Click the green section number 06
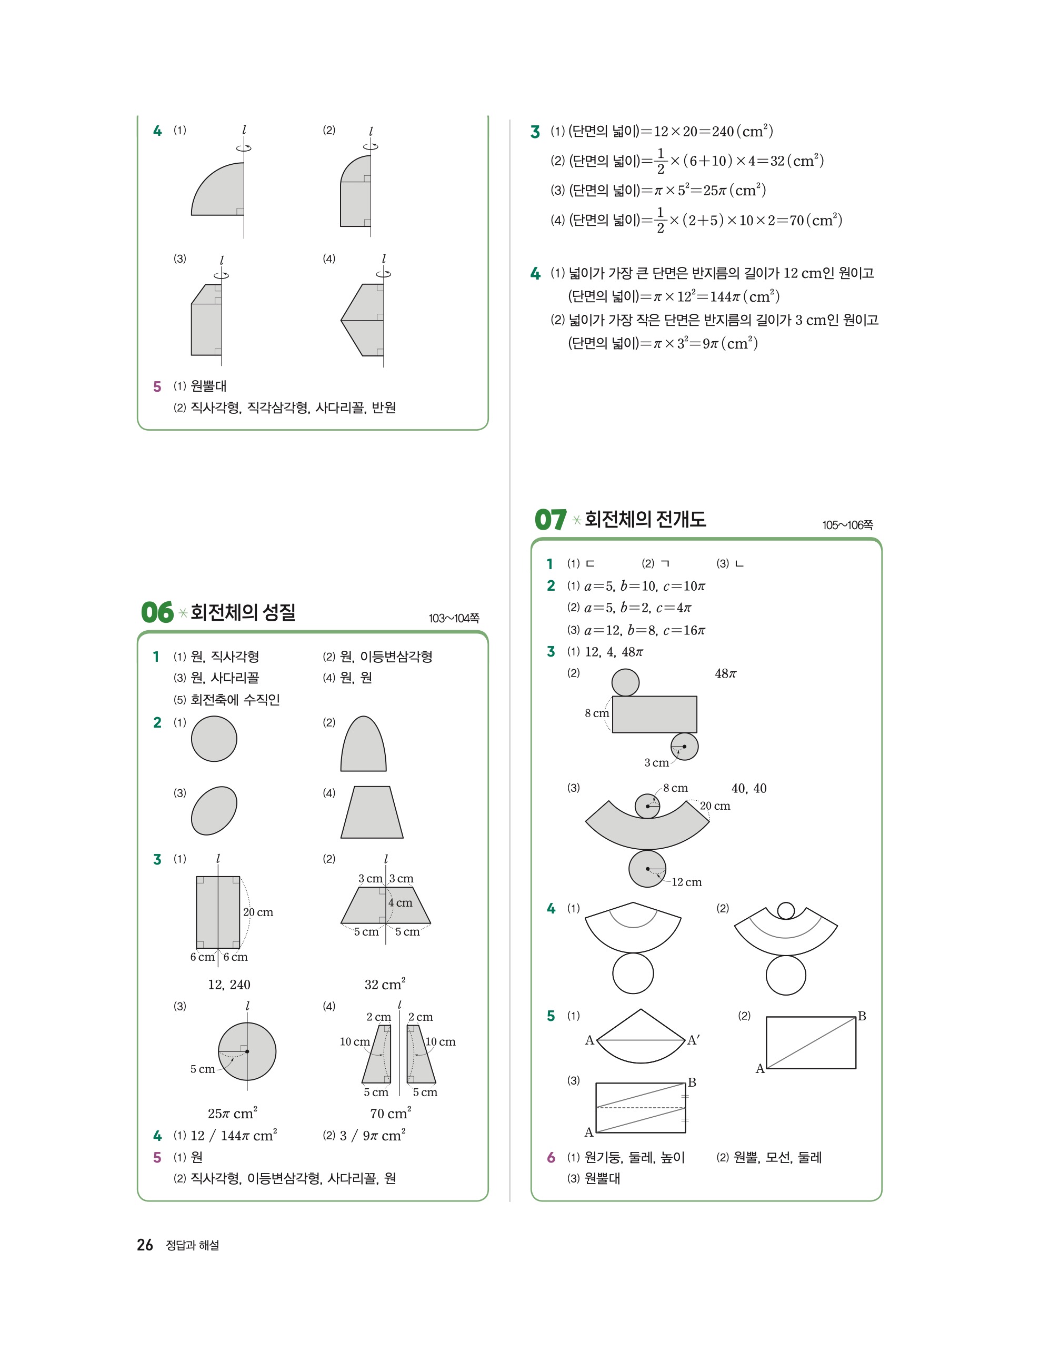157,612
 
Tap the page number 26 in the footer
145,1245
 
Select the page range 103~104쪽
453,618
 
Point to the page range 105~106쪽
847,525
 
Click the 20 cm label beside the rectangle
258,912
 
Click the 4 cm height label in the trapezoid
400,902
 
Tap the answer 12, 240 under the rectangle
229,984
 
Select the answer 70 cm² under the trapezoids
390,1114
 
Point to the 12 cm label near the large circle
686,882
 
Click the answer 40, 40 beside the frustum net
749,788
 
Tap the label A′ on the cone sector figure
694,1040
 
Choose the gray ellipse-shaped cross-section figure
214,810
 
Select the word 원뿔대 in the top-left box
208,386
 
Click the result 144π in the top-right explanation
724,296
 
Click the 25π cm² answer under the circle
233,1114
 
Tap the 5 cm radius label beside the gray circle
202,1069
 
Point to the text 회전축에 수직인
235,700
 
